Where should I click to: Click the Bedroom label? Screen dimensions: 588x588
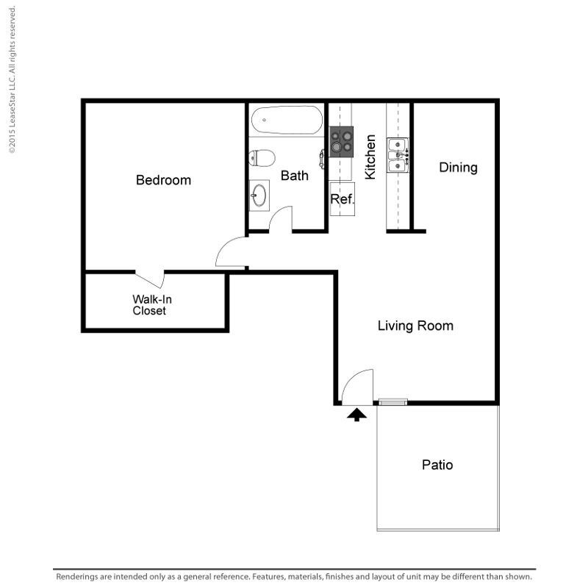point(163,180)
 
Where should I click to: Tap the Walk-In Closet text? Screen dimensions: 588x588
point(152,305)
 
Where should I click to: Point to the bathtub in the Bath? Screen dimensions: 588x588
point(287,120)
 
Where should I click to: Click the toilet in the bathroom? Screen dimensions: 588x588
point(262,158)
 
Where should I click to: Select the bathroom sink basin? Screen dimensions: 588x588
point(259,196)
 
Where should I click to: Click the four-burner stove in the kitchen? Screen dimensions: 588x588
point(341,142)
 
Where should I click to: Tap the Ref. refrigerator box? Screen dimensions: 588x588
point(342,198)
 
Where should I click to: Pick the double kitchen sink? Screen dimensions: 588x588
point(398,155)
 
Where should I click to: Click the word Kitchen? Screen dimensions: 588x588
point(370,157)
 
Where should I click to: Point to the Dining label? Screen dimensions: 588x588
point(458,168)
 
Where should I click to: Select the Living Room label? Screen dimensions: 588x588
point(415,326)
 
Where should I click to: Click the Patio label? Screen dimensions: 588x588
point(437,465)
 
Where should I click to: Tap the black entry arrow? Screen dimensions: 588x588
point(356,415)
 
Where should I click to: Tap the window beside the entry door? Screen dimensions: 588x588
point(392,402)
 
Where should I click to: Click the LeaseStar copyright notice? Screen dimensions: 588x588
point(12,79)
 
